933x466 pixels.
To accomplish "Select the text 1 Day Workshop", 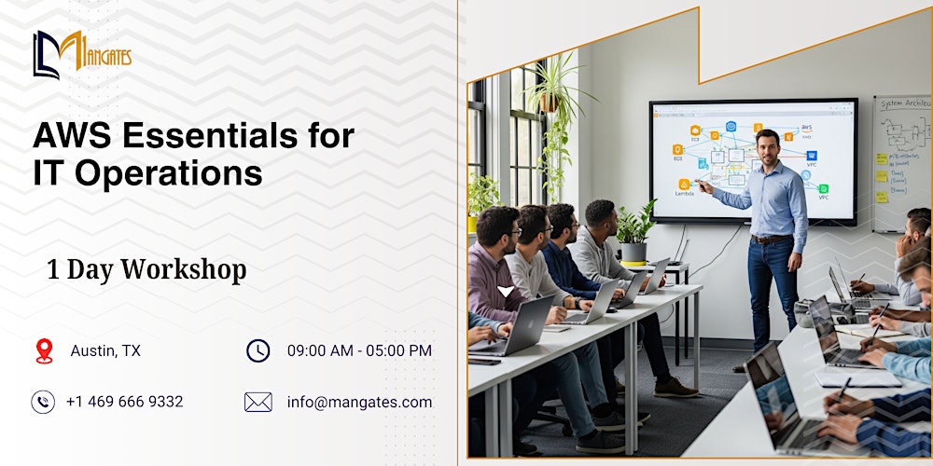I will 146,270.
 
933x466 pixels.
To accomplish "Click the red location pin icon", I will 44,350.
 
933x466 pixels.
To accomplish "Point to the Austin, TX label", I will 105,350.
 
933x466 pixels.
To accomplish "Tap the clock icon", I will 258,350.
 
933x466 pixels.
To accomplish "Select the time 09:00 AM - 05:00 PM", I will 359,350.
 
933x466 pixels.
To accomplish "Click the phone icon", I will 43,402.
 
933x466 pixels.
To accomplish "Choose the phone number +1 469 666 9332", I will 124,402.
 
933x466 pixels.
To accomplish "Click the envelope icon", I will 258,402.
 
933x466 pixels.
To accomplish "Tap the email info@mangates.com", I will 359,402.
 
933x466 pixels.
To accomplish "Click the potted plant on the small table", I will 636,233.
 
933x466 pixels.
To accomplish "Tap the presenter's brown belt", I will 770,240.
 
